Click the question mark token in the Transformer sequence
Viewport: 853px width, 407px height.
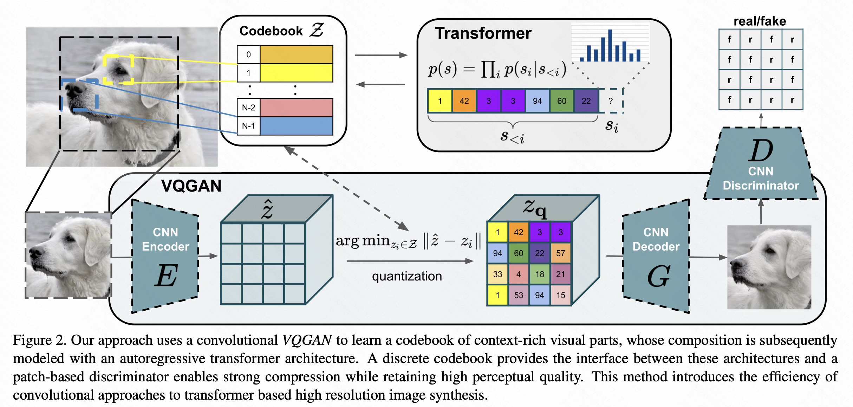(611, 101)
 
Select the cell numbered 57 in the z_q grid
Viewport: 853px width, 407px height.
(561, 253)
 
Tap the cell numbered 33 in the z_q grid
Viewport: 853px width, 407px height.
(497, 274)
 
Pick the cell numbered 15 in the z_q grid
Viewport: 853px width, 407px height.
(561, 295)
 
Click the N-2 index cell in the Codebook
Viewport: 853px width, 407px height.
(249, 108)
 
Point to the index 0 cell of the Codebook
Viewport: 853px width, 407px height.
(249, 54)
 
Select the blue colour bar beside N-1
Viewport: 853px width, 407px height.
(297, 126)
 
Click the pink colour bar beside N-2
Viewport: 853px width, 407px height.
(297, 108)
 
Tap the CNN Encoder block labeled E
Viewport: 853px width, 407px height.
(165, 256)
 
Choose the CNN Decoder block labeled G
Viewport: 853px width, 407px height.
(656, 256)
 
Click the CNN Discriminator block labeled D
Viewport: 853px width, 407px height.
(761, 163)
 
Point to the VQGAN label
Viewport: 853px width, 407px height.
(191, 186)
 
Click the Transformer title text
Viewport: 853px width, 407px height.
(483, 33)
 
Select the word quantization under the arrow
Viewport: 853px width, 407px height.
(407, 276)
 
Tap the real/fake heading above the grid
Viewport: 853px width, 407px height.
(760, 21)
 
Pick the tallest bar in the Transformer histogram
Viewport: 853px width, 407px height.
(610, 45)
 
